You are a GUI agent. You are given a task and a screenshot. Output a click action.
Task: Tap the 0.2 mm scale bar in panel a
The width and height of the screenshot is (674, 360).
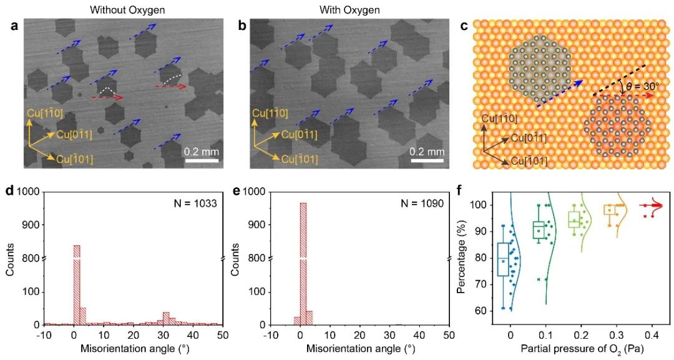tap(203, 160)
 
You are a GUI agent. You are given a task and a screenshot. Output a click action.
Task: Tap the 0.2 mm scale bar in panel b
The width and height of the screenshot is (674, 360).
tap(427, 160)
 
